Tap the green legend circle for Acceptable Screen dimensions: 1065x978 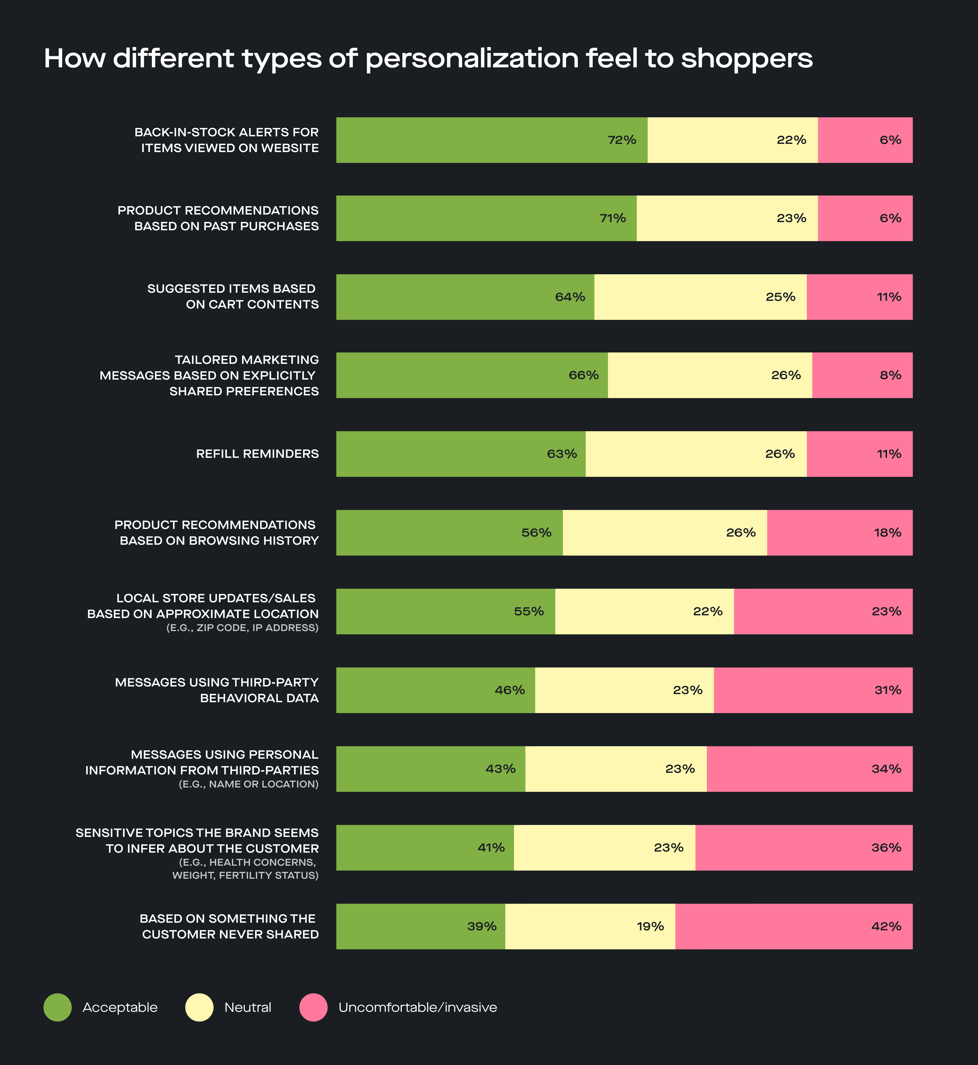point(57,1007)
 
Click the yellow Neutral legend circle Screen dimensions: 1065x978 point(199,1007)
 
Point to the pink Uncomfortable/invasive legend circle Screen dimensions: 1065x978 point(313,1007)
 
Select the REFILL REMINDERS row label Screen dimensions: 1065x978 point(257,454)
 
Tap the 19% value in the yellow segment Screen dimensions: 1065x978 point(650,927)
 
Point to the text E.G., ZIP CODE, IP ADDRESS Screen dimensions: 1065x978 point(242,628)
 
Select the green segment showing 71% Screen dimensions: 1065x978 point(486,219)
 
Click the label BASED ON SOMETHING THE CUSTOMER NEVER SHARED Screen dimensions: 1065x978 point(230,927)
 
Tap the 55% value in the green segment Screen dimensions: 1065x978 point(529,612)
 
